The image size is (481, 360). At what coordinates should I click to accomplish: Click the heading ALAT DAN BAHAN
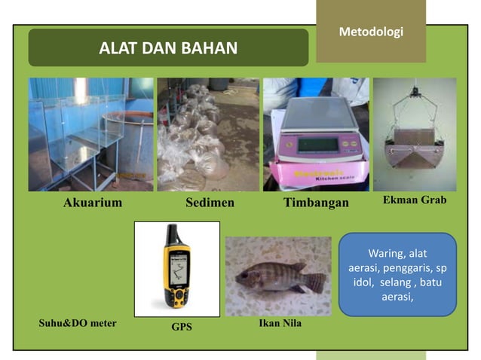pos(168,49)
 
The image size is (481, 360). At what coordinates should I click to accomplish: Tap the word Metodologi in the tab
pos(371,32)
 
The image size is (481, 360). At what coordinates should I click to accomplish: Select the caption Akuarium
pos(92,203)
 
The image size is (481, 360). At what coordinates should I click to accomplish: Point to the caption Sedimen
pos(210,203)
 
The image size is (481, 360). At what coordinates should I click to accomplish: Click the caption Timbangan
pos(316,203)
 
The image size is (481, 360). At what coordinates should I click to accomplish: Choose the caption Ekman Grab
pos(414,200)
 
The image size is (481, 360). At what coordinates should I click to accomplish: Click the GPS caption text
pos(182,327)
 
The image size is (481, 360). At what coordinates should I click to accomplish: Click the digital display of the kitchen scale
pos(314,144)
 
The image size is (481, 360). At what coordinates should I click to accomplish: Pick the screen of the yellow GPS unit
pos(178,268)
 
